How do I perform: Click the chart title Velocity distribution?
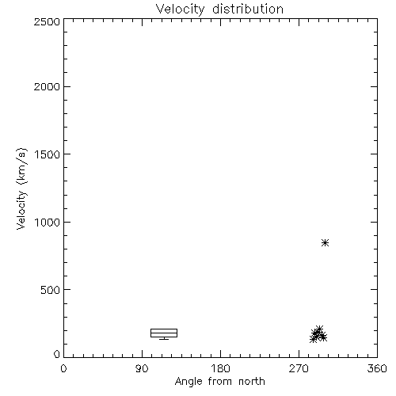click(x=219, y=10)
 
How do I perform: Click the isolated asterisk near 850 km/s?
click(x=326, y=242)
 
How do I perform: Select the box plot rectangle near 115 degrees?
click(x=164, y=333)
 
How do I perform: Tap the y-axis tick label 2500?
click(x=48, y=21)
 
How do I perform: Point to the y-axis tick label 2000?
click(x=48, y=86)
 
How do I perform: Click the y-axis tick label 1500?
click(x=48, y=154)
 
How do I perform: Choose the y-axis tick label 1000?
click(x=48, y=222)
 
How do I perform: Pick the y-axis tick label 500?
click(x=51, y=290)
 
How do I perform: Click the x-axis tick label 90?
click(x=142, y=368)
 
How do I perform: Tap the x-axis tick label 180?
click(x=220, y=368)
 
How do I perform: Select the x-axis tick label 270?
click(x=299, y=368)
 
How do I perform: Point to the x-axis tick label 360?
click(x=377, y=368)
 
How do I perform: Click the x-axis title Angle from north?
click(x=220, y=382)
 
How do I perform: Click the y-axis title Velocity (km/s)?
click(x=21, y=188)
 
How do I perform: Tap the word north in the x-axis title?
click(x=252, y=381)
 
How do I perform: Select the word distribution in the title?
click(x=248, y=10)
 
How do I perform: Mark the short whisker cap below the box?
click(x=164, y=339)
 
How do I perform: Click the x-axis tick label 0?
click(x=63, y=368)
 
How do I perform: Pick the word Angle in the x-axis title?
click(x=188, y=382)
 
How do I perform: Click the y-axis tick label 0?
click(x=57, y=354)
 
